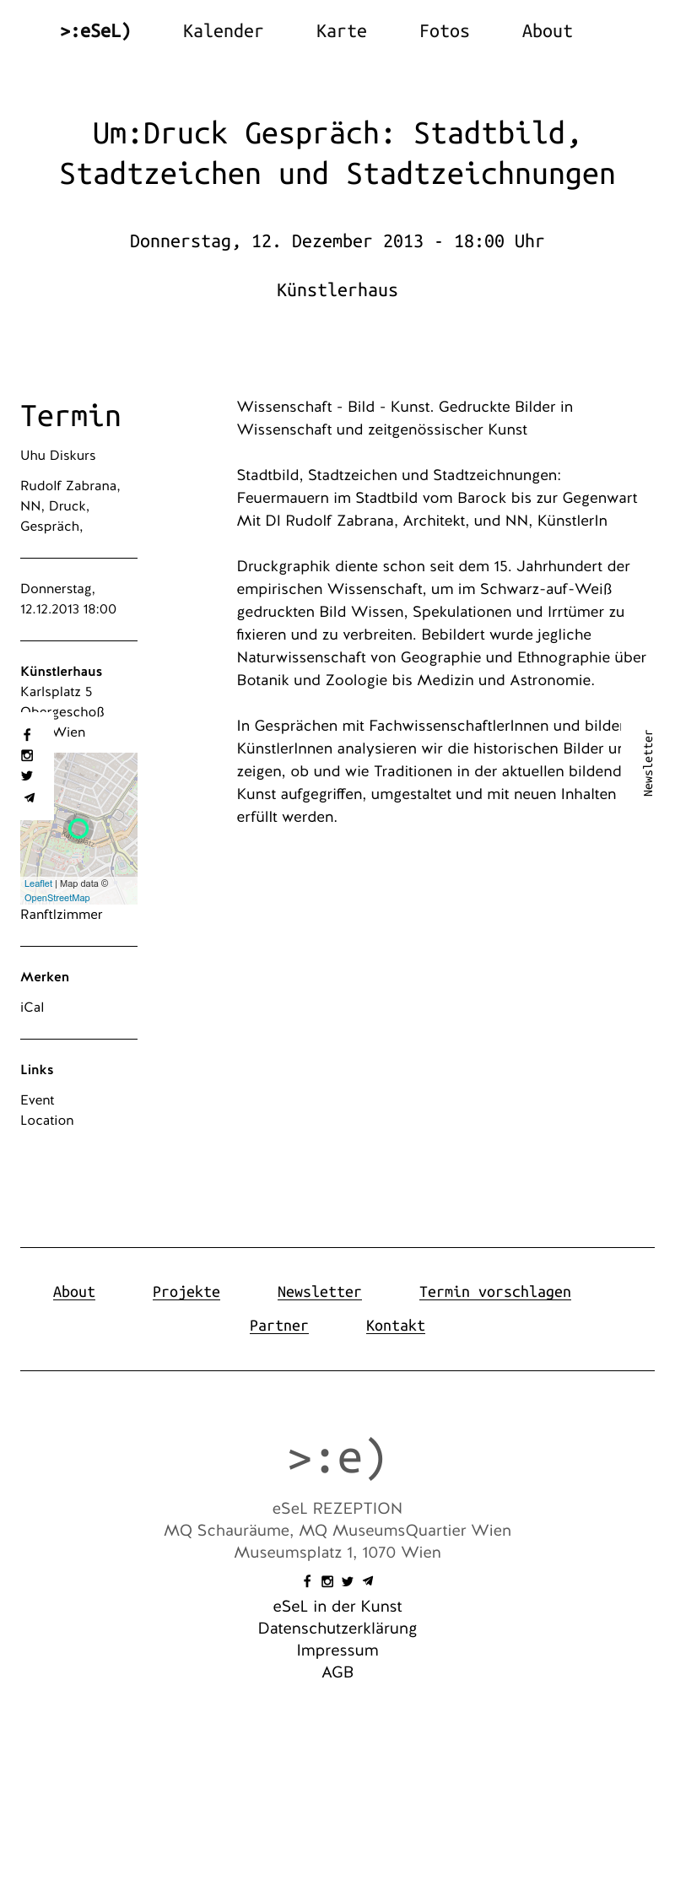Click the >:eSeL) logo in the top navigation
95,31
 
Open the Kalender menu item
223,31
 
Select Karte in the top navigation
341,31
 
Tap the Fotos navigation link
444,31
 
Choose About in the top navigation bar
547,31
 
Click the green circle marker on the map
78,829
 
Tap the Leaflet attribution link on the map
38,883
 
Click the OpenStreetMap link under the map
57,898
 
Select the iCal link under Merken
32,1008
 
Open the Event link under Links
37,1100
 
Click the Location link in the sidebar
47,1121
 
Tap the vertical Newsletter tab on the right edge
648,763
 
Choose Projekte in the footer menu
186,1292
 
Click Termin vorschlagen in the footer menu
494,1292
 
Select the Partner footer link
278,1326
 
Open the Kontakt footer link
395,1326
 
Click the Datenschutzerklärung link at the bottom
337,1629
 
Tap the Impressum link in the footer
337,1650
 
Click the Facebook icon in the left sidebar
27,735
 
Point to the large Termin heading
71,416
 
